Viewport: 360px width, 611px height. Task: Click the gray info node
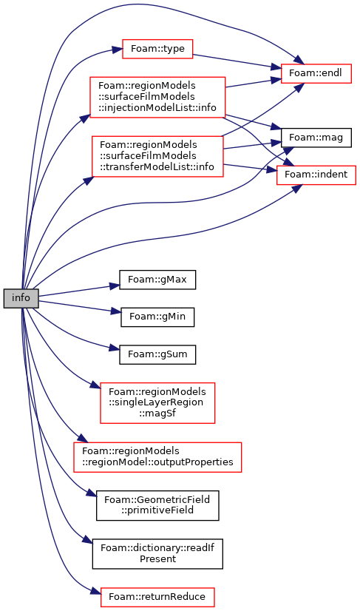pos(21,299)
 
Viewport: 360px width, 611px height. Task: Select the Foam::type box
pos(157,49)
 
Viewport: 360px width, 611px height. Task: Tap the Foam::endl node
pos(316,73)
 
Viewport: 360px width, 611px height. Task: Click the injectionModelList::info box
pos(157,97)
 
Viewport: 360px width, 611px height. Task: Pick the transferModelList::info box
pos(157,156)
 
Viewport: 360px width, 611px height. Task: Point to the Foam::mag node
pos(316,138)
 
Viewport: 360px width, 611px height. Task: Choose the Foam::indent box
pos(316,175)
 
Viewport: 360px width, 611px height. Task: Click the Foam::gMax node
pos(157,280)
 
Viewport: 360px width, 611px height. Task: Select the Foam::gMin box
pos(157,317)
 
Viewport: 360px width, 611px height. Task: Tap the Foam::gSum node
pos(157,354)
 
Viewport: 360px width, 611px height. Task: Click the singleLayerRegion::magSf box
pos(157,403)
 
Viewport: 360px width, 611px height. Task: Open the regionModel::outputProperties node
pos(157,457)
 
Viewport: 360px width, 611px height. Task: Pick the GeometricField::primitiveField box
pos(157,505)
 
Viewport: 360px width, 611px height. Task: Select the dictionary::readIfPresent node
pos(157,554)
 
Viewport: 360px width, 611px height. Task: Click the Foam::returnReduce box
pos(157,597)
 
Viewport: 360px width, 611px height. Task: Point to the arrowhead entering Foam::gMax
pos(115,286)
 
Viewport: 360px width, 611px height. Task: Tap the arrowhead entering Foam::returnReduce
pos(96,593)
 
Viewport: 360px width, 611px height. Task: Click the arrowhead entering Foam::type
pos(118,50)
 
